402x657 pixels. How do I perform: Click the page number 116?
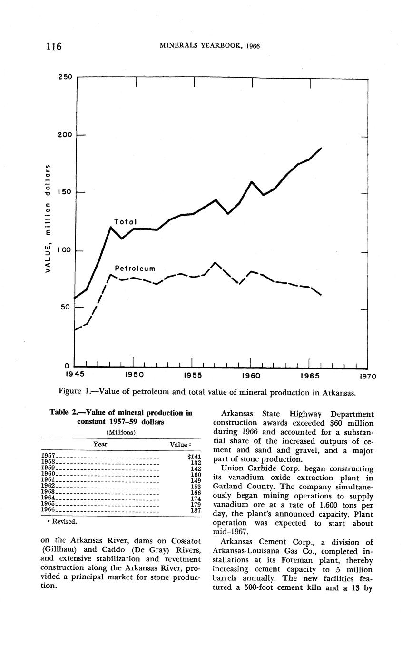click(54, 46)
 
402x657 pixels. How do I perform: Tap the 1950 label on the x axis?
click(134, 375)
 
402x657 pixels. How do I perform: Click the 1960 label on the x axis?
click(251, 375)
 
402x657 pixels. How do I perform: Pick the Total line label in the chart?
click(126, 222)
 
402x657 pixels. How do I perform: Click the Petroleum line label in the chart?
click(135, 269)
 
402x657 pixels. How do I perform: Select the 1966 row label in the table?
click(49, 509)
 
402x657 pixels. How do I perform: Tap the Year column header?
click(100, 444)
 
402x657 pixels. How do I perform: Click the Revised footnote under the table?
click(60, 522)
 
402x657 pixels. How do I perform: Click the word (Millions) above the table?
click(121, 432)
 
